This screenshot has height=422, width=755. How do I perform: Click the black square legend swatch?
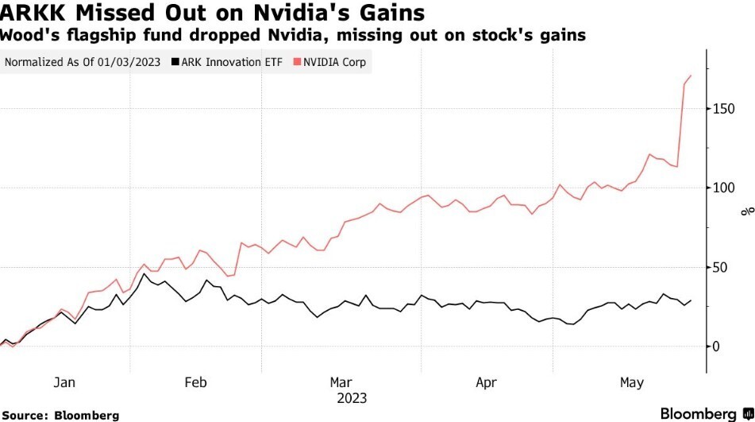pyautogui.click(x=173, y=61)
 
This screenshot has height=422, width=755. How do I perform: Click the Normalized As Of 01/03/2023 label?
pyautogui.click(x=83, y=61)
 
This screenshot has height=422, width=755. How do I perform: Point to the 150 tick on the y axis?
pyautogui.click(x=723, y=108)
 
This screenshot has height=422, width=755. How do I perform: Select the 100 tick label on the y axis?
pyautogui.click(x=723, y=188)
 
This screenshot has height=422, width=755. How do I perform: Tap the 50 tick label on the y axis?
pyautogui.click(x=720, y=267)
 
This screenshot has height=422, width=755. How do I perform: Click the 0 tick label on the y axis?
pyautogui.click(x=717, y=347)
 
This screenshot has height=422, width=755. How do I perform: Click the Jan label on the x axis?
pyautogui.click(x=64, y=383)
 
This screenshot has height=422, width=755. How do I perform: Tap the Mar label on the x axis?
pyautogui.click(x=341, y=383)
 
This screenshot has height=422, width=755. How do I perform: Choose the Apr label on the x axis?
pyautogui.click(x=486, y=383)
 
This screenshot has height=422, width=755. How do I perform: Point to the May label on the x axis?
pyautogui.click(x=631, y=383)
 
